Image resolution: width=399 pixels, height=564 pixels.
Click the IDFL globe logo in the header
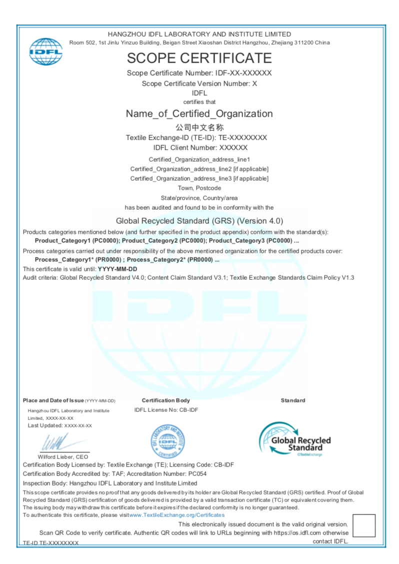46,51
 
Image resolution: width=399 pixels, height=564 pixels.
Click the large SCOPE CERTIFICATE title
199,58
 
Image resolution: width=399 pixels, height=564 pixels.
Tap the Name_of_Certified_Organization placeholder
199,114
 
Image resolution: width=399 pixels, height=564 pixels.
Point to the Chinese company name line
199,127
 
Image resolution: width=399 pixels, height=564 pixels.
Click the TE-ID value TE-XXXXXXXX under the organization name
243,138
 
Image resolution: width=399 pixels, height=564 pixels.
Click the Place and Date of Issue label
53,400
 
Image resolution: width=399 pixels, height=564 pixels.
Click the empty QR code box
363,525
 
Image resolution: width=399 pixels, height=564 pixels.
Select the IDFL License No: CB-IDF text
166,410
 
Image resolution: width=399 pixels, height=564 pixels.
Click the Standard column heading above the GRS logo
293,400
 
